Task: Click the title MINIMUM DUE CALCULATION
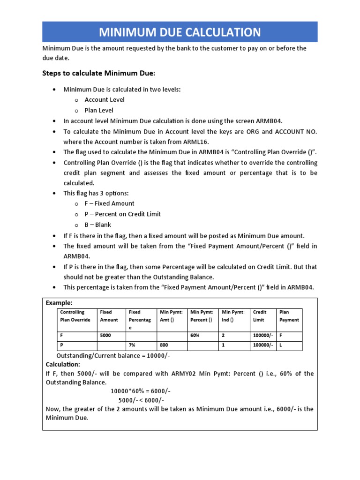tap(180, 32)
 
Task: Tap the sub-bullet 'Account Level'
tap(105, 99)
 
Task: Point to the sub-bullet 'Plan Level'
tap(99, 110)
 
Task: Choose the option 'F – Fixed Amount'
tap(109, 203)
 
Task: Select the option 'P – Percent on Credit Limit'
tap(122, 214)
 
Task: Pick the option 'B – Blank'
tap(98, 225)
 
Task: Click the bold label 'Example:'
tap(59, 303)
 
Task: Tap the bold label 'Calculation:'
tap(63, 364)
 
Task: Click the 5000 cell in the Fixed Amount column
tap(106, 336)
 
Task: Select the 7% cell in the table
tap(133, 345)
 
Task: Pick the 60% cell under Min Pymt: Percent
tap(195, 336)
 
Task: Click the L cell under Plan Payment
tap(281, 345)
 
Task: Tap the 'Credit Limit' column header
tap(260, 316)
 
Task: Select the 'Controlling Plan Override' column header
tap(75, 316)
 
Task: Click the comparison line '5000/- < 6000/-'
tap(141, 400)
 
